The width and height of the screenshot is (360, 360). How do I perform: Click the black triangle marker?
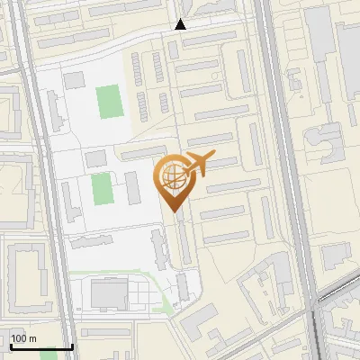pyautogui.click(x=181, y=24)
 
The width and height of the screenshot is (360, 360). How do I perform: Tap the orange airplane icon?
pyautogui.click(x=199, y=164)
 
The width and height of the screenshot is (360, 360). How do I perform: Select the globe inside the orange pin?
pyautogui.click(x=172, y=175)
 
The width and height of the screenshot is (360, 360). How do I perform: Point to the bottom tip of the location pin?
pyautogui.click(x=175, y=211)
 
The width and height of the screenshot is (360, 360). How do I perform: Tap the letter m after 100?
pyautogui.click(x=32, y=338)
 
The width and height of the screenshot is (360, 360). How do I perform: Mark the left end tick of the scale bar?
pyautogui.click(x=11, y=346)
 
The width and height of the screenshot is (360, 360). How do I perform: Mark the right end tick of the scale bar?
pyautogui.click(x=72, y=346)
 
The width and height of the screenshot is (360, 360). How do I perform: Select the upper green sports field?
pyautogui.click(x=109, y=101)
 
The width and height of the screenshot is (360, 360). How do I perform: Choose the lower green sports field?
pyautogui.click(x=101, y=189)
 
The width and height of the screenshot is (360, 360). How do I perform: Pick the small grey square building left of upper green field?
pyautogui.click(x=73, y=81)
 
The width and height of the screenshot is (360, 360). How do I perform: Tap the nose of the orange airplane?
pyautogui.click(x=212, y=157)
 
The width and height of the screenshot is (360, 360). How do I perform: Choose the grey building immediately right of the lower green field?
pyautogui.click(x=131, y=186)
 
